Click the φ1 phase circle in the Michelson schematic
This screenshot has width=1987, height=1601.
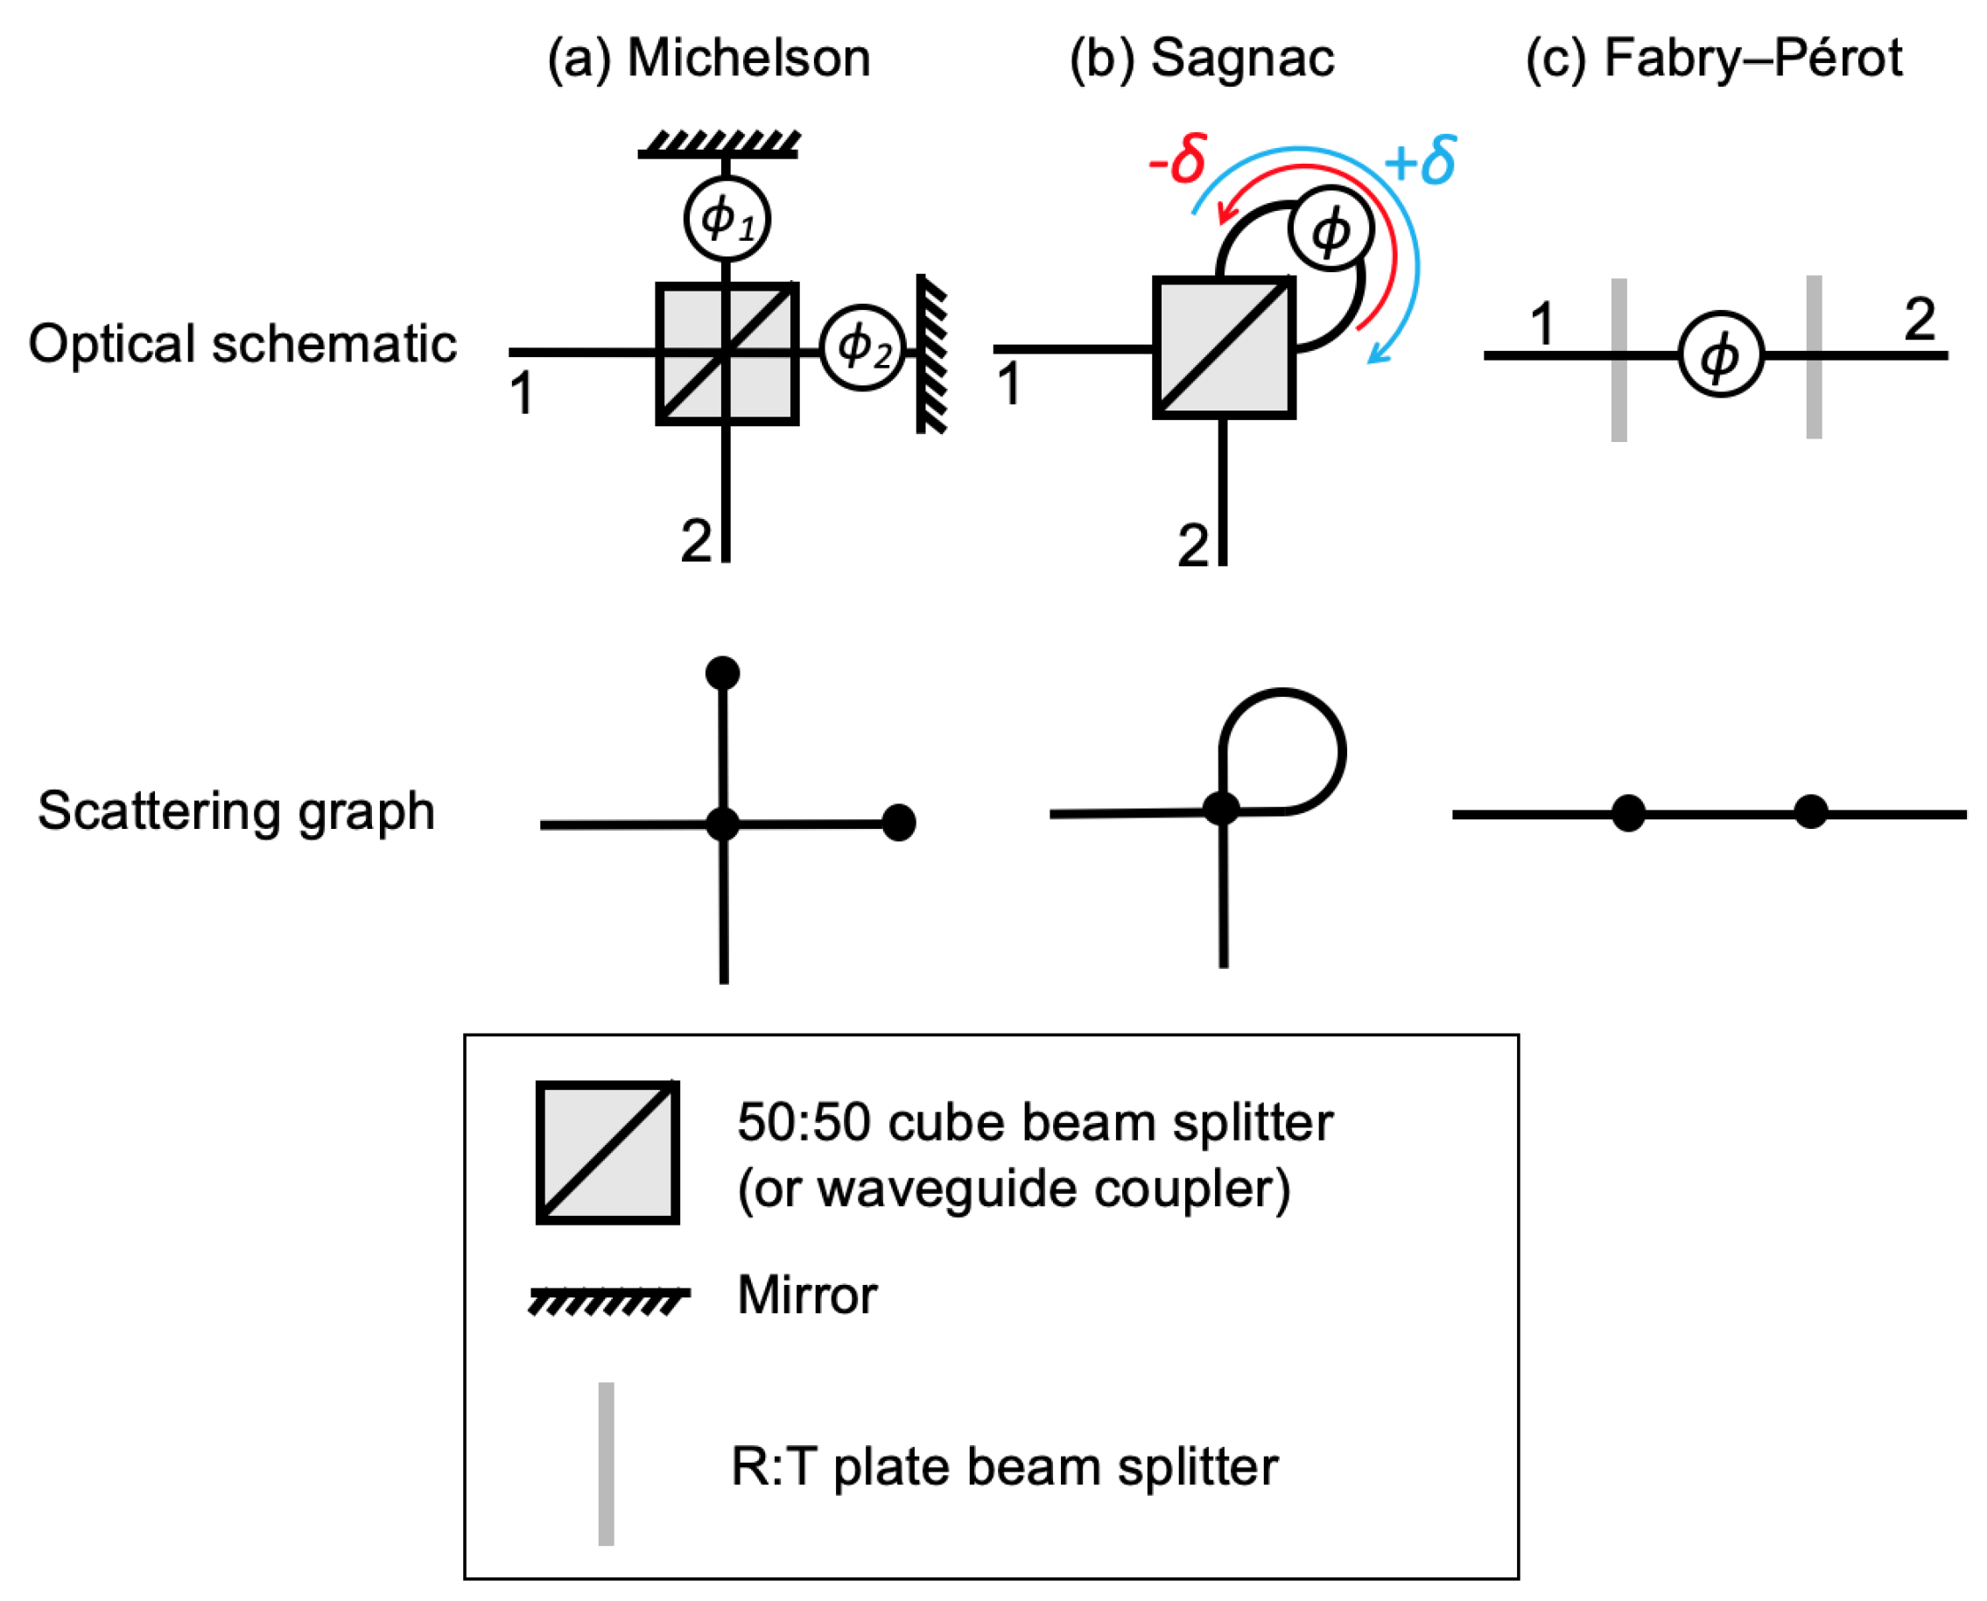coord(727,220)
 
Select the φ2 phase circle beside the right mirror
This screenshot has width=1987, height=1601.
coord(862,348)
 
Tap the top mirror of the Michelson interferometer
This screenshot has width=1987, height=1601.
coord(720,145)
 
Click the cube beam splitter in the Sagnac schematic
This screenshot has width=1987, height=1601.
coord(1224,348)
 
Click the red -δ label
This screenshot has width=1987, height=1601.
coord(1176,158)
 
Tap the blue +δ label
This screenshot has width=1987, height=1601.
coord(1419,160)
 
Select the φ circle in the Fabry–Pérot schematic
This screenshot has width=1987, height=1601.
coord(1720,355)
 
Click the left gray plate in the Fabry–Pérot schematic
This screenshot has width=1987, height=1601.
coord(1618,360)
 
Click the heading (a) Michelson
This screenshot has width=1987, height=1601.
coord(708,58)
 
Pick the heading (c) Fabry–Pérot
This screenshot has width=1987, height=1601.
coord(1713,58)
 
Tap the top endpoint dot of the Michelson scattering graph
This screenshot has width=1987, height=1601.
coord(722,672)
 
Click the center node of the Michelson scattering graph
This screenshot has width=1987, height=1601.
coord(722,823)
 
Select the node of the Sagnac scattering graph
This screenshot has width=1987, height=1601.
coord(1221,808)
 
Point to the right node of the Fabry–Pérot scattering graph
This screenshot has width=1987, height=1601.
coord(1810,811)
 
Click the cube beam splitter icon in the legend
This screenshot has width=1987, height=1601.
coord(607,1153)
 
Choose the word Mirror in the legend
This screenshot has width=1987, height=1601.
coord(807,1295)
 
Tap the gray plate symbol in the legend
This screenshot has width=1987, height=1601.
coord(606,1464)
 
